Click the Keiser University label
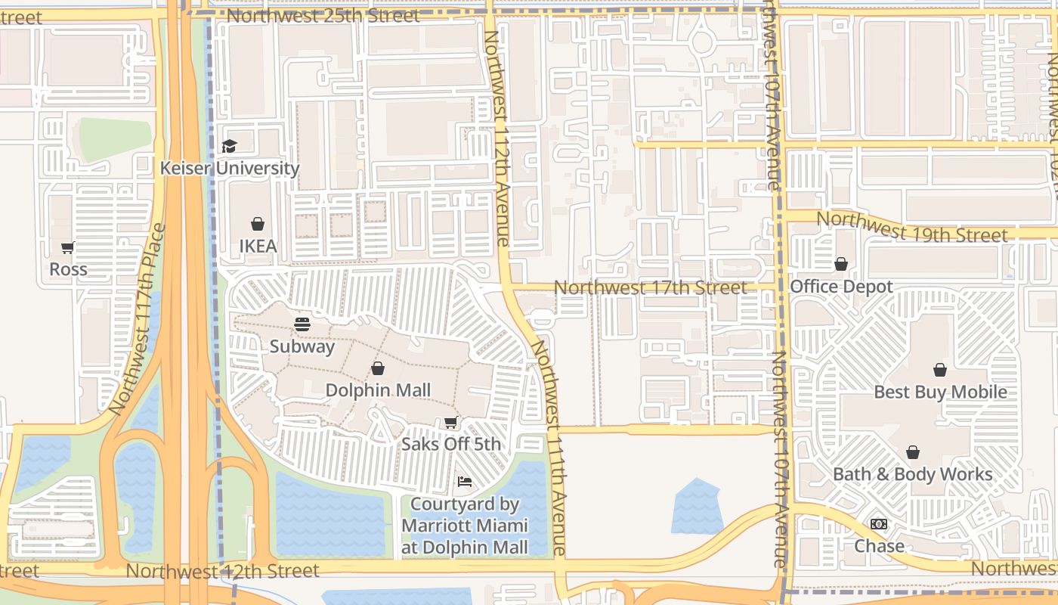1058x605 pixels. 230,168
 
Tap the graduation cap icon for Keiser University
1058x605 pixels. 230,146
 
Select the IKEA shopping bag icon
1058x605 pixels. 258,224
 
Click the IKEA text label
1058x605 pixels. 258,246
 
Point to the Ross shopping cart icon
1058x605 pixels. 68,247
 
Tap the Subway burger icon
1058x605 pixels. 302,324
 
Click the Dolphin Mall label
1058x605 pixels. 378,390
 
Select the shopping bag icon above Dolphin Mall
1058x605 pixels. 378,368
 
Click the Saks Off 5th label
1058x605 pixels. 451,444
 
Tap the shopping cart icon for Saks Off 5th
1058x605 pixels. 451,422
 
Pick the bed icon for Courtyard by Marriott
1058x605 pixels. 465,482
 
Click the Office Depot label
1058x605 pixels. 841,287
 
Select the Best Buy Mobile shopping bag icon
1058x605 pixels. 940,370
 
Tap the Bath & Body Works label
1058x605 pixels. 913,474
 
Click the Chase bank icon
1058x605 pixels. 879,524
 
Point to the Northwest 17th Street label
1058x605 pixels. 650,287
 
